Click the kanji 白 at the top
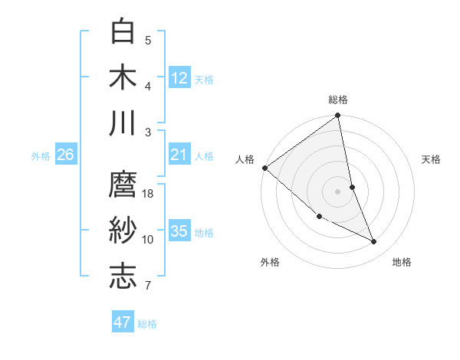123,31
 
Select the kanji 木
123,77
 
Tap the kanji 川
123,123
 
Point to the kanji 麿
123,185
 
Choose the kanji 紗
123,231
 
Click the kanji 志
123,277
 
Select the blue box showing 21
179,155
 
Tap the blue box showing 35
179,231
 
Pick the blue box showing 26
65,155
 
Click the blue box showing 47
123,322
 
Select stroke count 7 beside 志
148,286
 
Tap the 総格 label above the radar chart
338,100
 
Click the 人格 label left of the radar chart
245,159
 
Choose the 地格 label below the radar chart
402,262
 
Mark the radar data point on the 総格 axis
338,116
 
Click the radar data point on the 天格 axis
352,186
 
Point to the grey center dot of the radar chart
337,191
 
